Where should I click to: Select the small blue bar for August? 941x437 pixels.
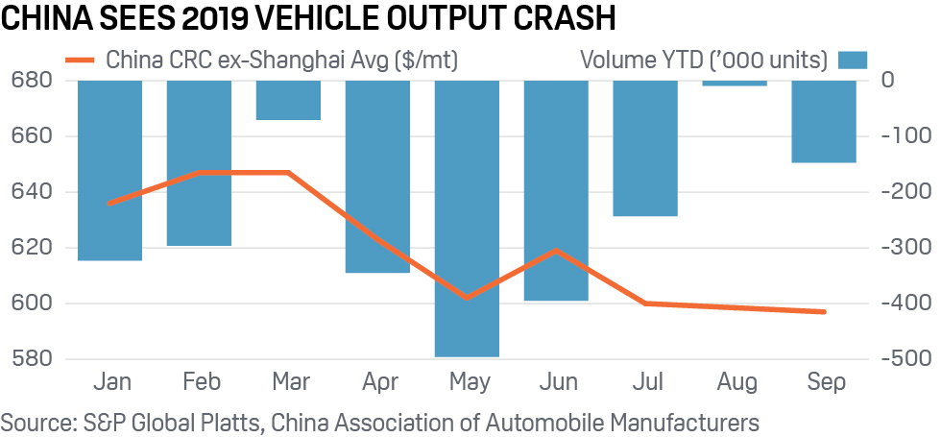tap(736, 84)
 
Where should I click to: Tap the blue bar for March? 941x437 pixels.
tap(288, 100)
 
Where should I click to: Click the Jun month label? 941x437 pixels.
tap(557, 382)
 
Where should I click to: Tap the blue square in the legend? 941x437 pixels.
tap(853, 60)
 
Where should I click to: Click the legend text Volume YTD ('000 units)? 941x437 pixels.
tap(704, 60)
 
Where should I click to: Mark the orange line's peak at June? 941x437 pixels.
tap(556, 250)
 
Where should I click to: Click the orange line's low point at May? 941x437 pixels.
tap(467, 299)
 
